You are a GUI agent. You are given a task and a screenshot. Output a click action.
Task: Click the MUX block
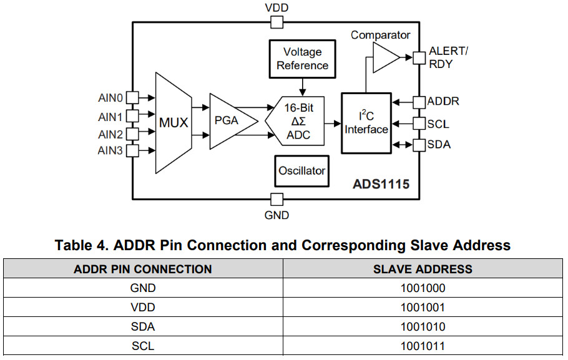click(x=173, y=122)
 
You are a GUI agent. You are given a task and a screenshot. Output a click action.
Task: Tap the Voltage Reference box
click(x=302, y=59)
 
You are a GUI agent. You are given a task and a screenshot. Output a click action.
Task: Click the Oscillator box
click(x=302, y=170)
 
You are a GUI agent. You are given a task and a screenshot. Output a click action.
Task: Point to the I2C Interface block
click(x=366, y=122)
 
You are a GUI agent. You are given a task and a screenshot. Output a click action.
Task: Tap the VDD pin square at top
click(x=277, y=23)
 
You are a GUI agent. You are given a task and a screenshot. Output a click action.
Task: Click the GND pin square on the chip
click(x=277, y=200)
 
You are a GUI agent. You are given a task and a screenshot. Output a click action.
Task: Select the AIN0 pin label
click(x=110, y=98)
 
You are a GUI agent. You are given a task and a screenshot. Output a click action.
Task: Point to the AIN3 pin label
click(x=110, y=150)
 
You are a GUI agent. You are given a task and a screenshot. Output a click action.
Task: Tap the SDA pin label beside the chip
click(x=439, y=145)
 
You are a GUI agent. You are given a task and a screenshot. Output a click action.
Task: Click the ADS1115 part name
click(x=381, y=185)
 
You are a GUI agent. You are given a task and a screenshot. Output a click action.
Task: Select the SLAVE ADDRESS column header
click(x=423, y=270)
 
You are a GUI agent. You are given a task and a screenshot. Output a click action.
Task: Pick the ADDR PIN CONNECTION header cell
click(x=143, y=270)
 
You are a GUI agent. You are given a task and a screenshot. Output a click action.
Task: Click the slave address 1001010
click(x=423, y=326)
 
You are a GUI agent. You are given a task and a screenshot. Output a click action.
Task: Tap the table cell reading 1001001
click(x=423, y=308)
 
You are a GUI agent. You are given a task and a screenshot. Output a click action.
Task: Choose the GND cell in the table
click(x=143, y=288)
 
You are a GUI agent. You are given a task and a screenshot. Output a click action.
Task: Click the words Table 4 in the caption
click(x=80, y=245)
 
